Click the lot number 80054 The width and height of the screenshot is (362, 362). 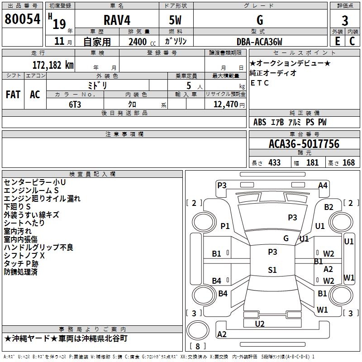(x=22, y=19)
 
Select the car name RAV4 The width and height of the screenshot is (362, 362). (x=117, y=20)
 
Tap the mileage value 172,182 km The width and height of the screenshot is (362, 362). (x=53, y=65)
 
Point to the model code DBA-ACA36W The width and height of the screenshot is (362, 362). (x=259, y=42)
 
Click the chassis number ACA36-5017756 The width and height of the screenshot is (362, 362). (x=304, y=144)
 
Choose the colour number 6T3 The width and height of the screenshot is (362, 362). (x=75, y=105)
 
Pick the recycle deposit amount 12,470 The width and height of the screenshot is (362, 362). (x=225, y=104)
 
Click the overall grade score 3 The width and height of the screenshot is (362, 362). (x=345, y=21)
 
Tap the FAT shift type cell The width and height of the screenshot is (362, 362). (x=13, y=95)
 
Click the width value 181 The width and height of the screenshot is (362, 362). (x=312, y=162)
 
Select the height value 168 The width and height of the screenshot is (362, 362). (x=348, y=162)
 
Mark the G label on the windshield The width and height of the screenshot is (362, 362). (x=286, y=238)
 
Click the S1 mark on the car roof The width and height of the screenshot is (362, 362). (x=272, y=270)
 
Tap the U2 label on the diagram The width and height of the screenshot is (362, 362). (x=259, y=324)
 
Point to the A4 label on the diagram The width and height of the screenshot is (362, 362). (x=323, y=186)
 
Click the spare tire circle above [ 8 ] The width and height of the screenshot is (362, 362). (x=198, y=330)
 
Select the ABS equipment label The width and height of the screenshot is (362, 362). (x=260, y=122)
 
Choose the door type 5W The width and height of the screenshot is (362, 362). (x=175, y=20)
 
